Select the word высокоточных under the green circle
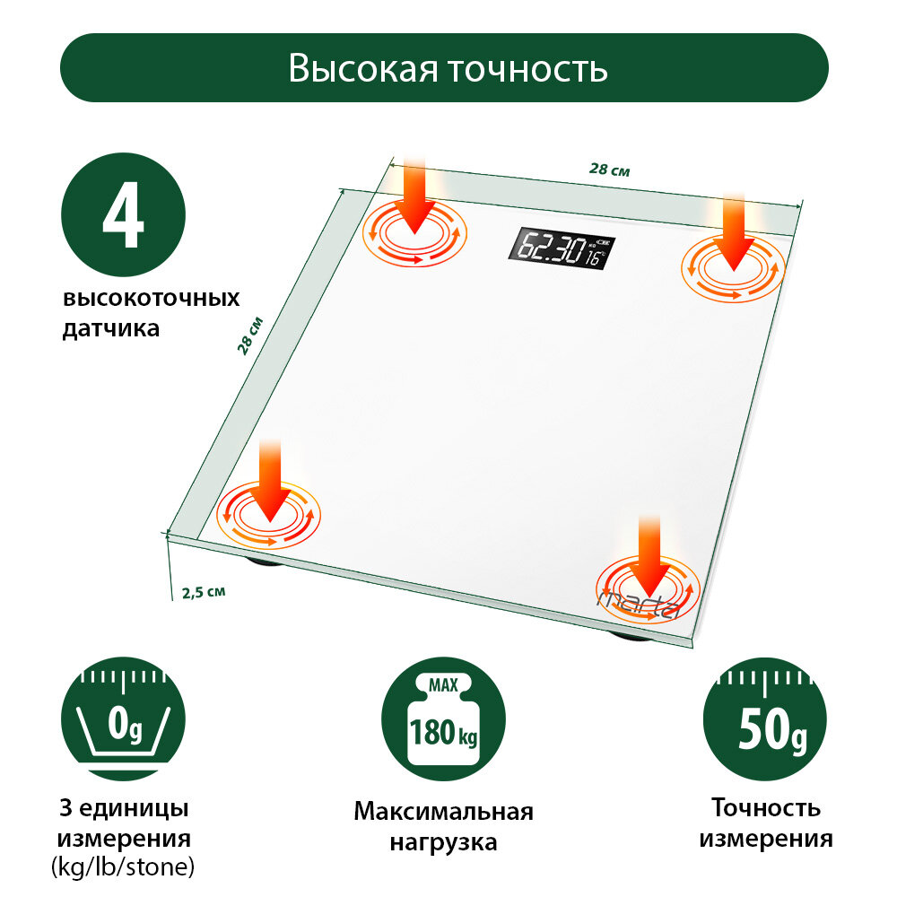tap(151, 299)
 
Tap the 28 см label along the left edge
tap(250, 335)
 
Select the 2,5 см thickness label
tap(203, 592)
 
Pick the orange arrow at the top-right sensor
tap(735, 231)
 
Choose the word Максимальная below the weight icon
tap(443, 812)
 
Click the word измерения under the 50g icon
tap(766, 840)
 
